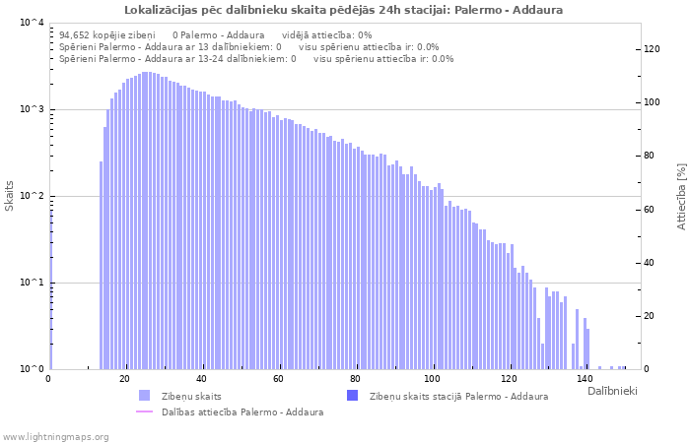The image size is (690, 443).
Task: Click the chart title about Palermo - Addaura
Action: (x=344, y=10)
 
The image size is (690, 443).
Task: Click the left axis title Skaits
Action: (x=10, y=196)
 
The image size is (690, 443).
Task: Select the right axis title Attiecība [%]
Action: (x=681, y=196)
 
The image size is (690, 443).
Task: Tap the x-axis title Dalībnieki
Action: (x=611, y=392)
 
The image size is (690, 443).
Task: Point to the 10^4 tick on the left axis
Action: (x=31, y=23)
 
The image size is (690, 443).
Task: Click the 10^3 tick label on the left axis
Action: (x=31, y=109)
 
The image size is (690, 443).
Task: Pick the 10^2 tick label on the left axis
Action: (x=31, y=196)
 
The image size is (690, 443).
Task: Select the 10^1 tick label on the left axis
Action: (x=31, y=283)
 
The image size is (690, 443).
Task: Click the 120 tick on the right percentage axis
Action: (x=652, y=49)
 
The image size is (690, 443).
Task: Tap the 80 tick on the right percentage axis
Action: (x=649, y=156)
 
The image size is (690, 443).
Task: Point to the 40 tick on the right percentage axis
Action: (x=649, y=263)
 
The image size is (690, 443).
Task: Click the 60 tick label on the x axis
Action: (x=278, y=379)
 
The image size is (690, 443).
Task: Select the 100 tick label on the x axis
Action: (x=432, y=379)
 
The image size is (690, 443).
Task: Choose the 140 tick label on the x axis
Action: (x=585, y=379)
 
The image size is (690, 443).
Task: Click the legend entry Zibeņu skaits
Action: (x=191, y=396)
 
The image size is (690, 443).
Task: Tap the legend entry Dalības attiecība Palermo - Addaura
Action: (x=242, y=411)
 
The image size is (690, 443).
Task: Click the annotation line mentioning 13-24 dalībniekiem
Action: (x=256, y=58)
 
